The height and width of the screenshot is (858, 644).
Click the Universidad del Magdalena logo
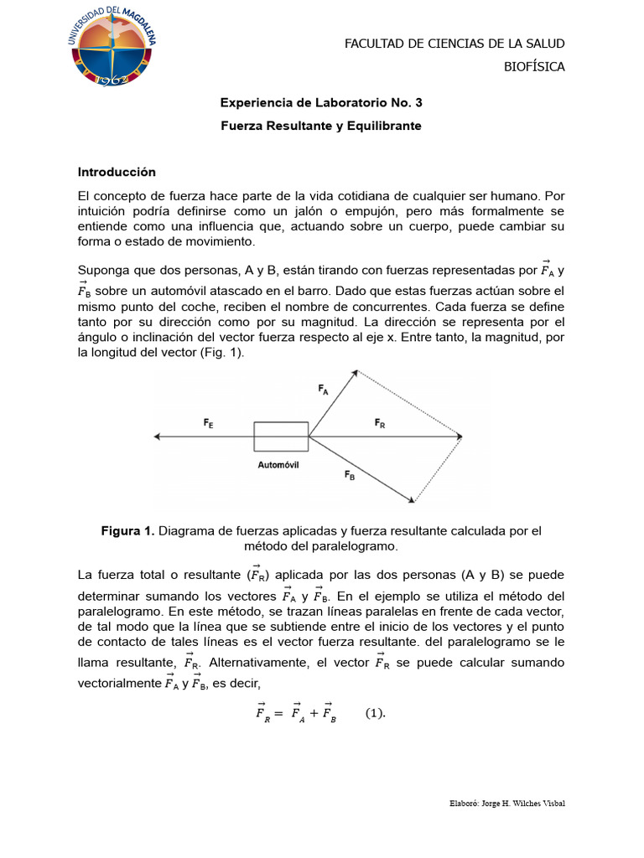[x=111, y=48]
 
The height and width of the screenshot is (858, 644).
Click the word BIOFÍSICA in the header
[x=533, y=67]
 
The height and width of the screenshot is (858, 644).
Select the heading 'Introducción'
[x=117, y=172]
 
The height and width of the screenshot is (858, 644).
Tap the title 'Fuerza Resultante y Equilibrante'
[x=321, y=126]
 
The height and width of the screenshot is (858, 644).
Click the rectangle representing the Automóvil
[x=281, y=437]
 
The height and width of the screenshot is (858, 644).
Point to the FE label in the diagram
[x=208, y=425]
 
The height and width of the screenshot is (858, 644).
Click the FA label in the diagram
[x=324, y=389]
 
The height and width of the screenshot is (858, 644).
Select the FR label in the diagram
[x=380, y=424]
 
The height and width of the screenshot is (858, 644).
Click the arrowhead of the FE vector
[x=158, y=437]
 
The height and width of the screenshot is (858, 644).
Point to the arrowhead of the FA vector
[x=355, y=373]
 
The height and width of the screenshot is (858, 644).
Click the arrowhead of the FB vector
[x=412, y=500]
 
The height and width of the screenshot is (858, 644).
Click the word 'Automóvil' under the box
[x=278, y=464]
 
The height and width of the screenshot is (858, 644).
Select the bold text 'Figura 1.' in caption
[x=127, y=531]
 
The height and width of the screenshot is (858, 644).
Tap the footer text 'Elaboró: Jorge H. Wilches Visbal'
[x=507, y=804]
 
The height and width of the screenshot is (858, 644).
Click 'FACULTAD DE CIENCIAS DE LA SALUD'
[x=454, y=44]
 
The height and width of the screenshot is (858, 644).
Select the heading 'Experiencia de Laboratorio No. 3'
[x=321, y=103]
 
